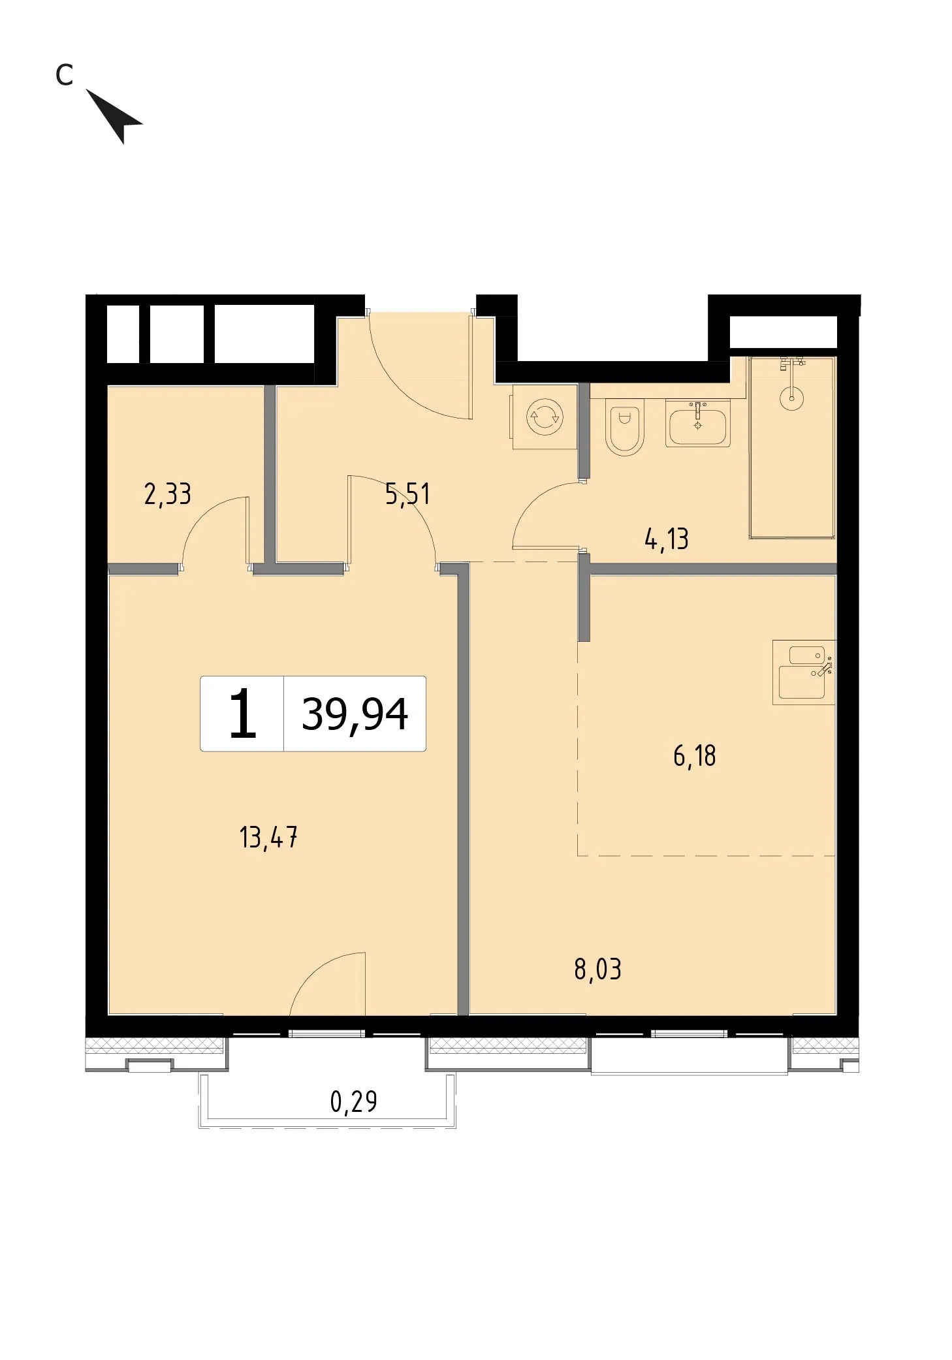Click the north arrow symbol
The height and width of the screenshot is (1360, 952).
(115, 116)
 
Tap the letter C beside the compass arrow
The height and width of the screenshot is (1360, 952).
(64, 75)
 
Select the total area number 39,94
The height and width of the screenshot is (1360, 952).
(355, 714)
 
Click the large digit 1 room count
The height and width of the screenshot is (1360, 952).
(242, 714)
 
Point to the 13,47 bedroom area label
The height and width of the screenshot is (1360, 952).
(268, 837)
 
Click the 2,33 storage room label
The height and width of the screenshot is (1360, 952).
(167, 494)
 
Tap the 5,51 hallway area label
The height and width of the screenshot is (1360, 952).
(407, 494)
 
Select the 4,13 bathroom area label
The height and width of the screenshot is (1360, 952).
(666, 539)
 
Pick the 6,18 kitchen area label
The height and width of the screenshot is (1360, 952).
(695, 756)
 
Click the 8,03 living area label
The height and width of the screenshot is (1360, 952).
(597, 970)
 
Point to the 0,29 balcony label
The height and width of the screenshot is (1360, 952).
(353, 1102)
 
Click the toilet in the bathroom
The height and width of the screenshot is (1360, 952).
(624, 426)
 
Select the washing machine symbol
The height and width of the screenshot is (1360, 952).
(545, 417)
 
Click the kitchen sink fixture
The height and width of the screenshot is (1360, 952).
(804, 672)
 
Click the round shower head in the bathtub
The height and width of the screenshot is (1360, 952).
(791, 398)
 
